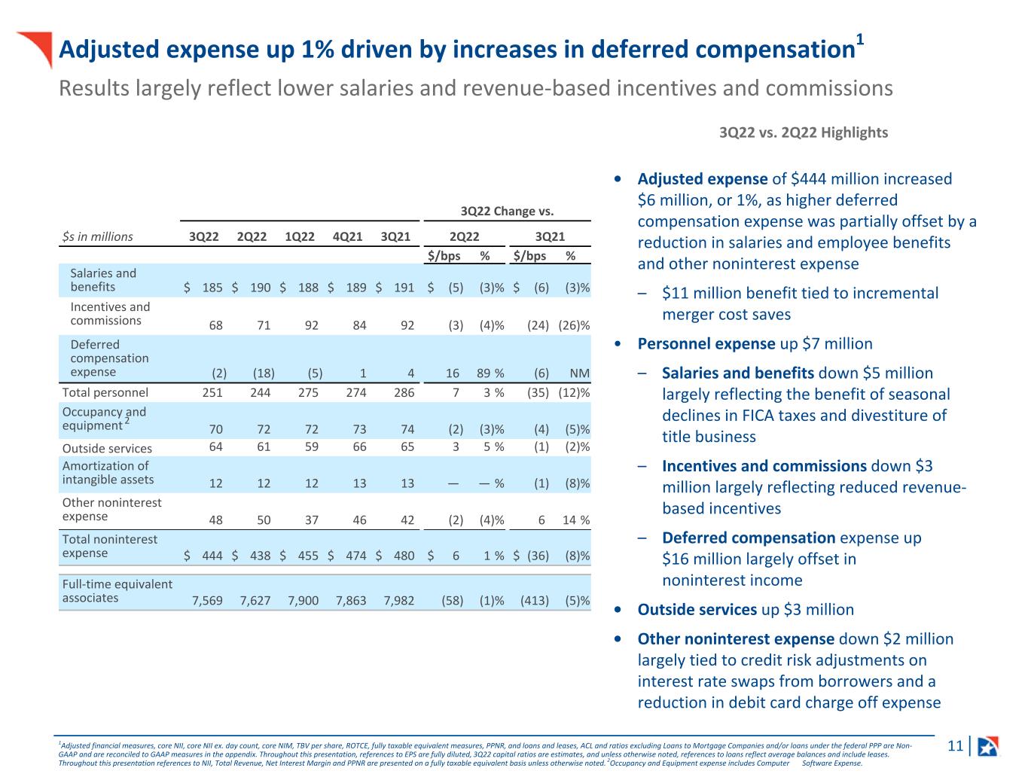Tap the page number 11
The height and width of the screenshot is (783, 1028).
click(x=955, y=746)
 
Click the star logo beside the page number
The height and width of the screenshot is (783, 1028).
click(x=987, y=746)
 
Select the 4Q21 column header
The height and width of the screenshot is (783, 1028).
click(x=347, y=236)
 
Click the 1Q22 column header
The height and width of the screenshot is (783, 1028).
click(x=300, y=236)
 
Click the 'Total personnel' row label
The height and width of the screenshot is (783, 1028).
click(x=105, y=392)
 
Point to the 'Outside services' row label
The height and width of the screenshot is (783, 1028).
click(x=107, y=449)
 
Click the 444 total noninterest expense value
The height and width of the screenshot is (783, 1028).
click(x=212, y=556)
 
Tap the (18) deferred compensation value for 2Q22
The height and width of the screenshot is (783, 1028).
click(x=264, y=373)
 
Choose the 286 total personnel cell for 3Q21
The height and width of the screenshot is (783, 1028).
click(x=404, y=392)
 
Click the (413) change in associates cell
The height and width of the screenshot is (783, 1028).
click(x=535, y=601)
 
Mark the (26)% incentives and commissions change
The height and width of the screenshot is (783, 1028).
click(x=574, y=325)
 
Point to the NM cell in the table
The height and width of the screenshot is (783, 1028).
click(x=580, y=373)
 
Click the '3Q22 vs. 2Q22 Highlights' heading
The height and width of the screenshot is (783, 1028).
click(x=804, y=133)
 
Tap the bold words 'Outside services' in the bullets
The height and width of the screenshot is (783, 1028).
click(x=697, y=610)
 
